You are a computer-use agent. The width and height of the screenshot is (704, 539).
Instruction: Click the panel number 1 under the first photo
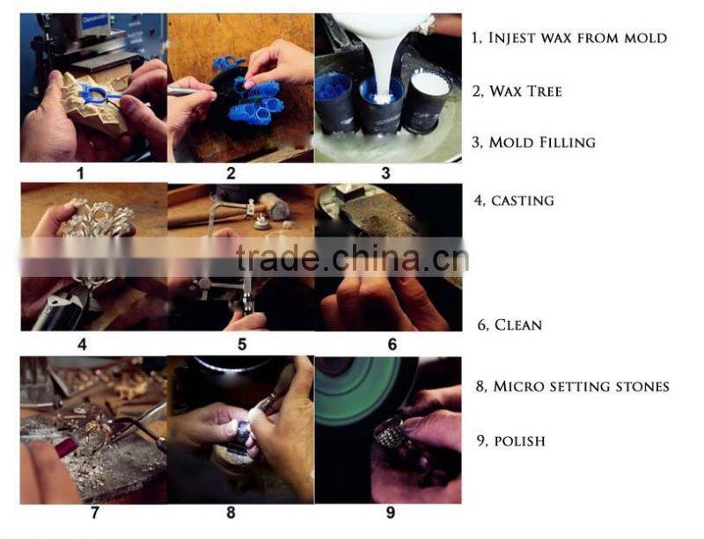pos(80,173)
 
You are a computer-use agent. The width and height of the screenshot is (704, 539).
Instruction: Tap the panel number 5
pos(242,344)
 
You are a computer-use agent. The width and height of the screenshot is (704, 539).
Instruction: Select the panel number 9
pos(390,513)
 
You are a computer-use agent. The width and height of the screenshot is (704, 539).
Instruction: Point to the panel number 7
pos(95,513)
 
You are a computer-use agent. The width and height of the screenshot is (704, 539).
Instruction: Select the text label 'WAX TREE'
pos(525,91)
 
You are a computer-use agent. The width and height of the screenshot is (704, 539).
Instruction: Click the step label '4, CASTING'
pos(514,200)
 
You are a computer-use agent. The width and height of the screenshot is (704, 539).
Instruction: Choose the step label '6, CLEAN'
pos(510,324)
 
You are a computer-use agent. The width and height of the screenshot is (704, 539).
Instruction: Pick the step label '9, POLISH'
pos(511,441)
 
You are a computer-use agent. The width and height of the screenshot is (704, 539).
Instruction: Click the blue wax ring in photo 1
pos(99,94)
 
